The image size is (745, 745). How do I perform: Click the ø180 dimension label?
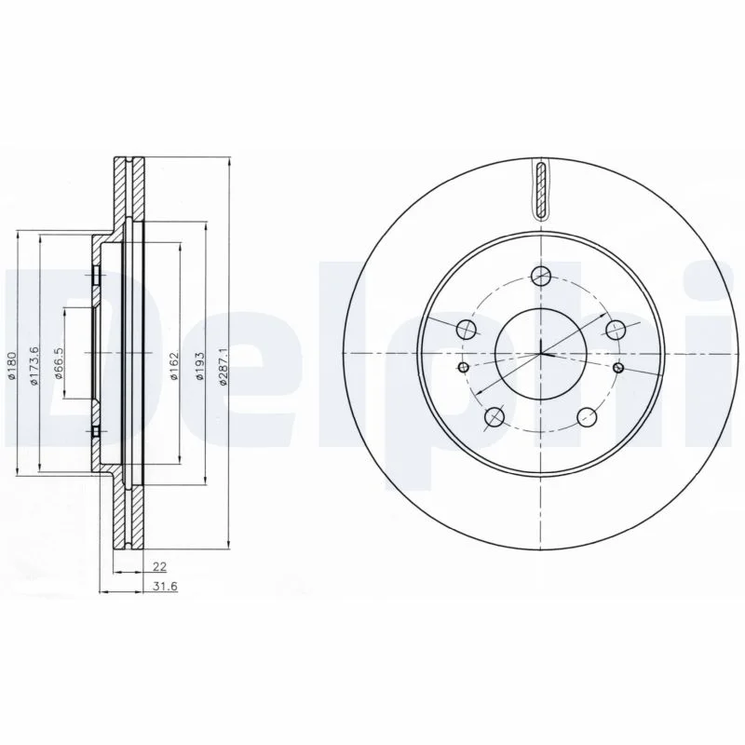[x=12, y=366]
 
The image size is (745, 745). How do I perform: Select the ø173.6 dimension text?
[x=34, y=365]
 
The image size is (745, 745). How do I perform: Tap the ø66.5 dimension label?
[x=59, y=362]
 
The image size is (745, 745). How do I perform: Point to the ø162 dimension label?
[x=174, y=365]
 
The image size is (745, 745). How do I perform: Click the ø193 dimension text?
[x=199, y=365]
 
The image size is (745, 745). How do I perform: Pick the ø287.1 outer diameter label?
[x=224, y=365]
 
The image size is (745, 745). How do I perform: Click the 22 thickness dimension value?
[x=159, y=566]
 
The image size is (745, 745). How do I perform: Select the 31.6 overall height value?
[x=166, y=587]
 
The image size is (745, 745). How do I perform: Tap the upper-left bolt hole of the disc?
[x=466, y=329]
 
